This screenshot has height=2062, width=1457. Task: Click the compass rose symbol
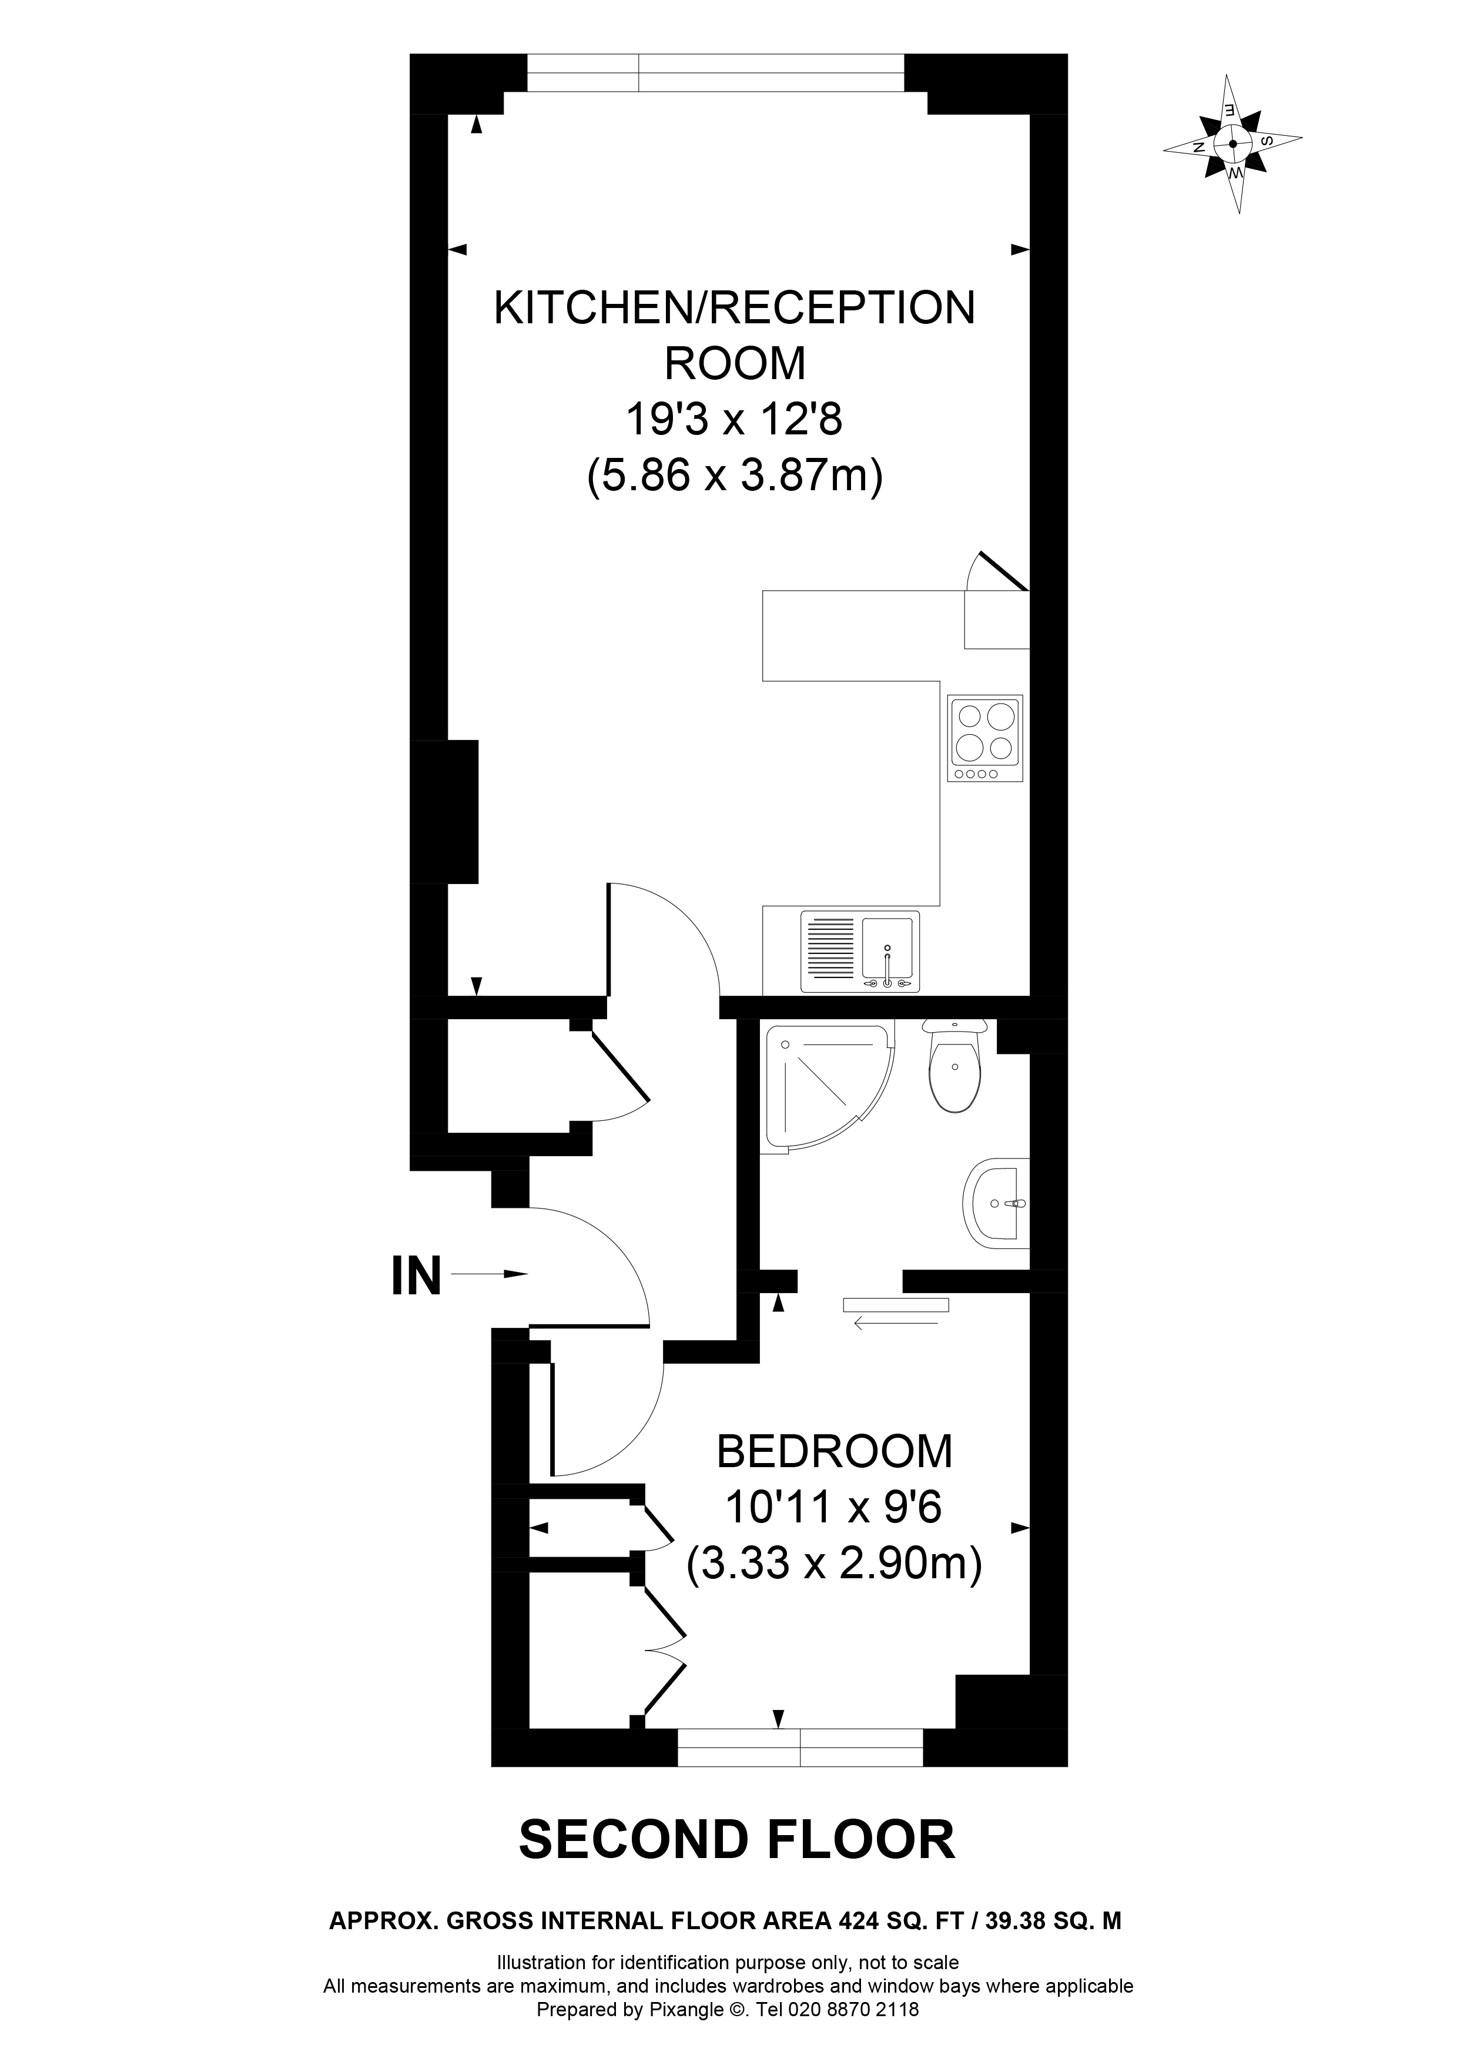click(1232, 143)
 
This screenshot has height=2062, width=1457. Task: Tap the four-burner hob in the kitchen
click(985, 738)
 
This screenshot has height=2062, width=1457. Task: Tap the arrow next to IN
click(489, 1274)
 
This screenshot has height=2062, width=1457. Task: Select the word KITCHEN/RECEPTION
click(734, 308)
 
